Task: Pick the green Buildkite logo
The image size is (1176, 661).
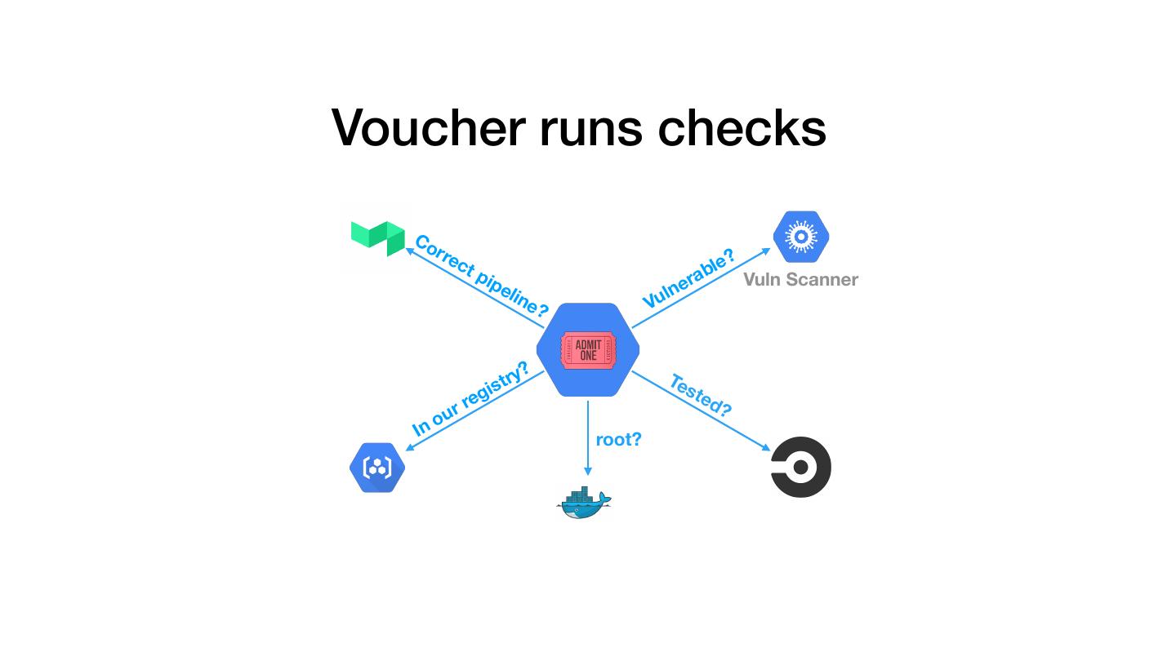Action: coord(378,237)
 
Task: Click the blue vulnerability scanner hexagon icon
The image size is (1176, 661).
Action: coord(801,237)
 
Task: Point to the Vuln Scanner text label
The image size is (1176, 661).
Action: coord(800,279)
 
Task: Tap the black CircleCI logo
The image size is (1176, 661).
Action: coord(801,467)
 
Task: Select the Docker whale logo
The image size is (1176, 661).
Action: coord(583,502)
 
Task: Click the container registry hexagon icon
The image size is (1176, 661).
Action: coord(377,468)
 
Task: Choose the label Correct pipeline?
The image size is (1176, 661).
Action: coord(481,275)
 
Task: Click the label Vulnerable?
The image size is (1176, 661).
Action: coord(688,279)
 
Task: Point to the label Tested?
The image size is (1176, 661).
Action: coord(700,395)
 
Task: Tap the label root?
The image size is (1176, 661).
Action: coord(618,439)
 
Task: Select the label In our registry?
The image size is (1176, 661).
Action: coord(470,399)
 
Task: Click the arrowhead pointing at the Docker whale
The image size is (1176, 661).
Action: coord(587,471)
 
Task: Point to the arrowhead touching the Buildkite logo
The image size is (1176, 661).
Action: coord(411,250)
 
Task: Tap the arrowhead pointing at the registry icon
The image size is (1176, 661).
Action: coord(411,445)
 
